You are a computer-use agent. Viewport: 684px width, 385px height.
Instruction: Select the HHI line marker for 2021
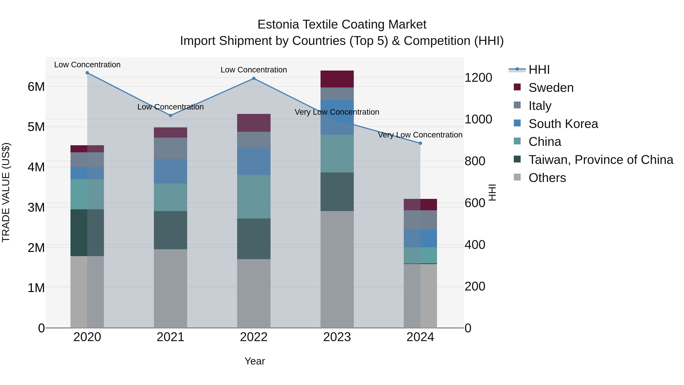point(170,115)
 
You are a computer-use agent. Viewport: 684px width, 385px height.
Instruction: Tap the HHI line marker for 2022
point(254,78)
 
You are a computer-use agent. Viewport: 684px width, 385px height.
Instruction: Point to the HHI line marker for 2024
point(420,143)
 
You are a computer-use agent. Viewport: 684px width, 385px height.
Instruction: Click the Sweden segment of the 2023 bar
point(337,79)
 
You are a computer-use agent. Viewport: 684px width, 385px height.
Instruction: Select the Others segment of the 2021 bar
point(170,288)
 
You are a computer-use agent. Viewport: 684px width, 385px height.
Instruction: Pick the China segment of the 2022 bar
point(254,197)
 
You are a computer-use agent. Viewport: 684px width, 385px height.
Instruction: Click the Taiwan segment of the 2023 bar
point(337,192)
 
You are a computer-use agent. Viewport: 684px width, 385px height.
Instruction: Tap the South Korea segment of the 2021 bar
point(170,171)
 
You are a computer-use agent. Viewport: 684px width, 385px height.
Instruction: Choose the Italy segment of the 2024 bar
point(420,220)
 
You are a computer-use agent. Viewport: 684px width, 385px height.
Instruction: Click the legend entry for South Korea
point(563,124)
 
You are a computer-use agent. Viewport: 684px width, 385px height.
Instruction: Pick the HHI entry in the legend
point(539,70)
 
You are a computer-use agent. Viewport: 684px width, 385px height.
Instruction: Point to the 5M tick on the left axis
point(36,127)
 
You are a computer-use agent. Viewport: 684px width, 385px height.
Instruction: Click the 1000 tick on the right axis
point(478,119)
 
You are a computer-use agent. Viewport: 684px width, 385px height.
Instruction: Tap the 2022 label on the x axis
point(254,337)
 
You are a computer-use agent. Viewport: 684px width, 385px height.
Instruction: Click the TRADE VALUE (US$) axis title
point(6,192)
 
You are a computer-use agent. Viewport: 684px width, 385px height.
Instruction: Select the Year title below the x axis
point(255,361)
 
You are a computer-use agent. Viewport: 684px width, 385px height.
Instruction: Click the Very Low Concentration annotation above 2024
point(420,135)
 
